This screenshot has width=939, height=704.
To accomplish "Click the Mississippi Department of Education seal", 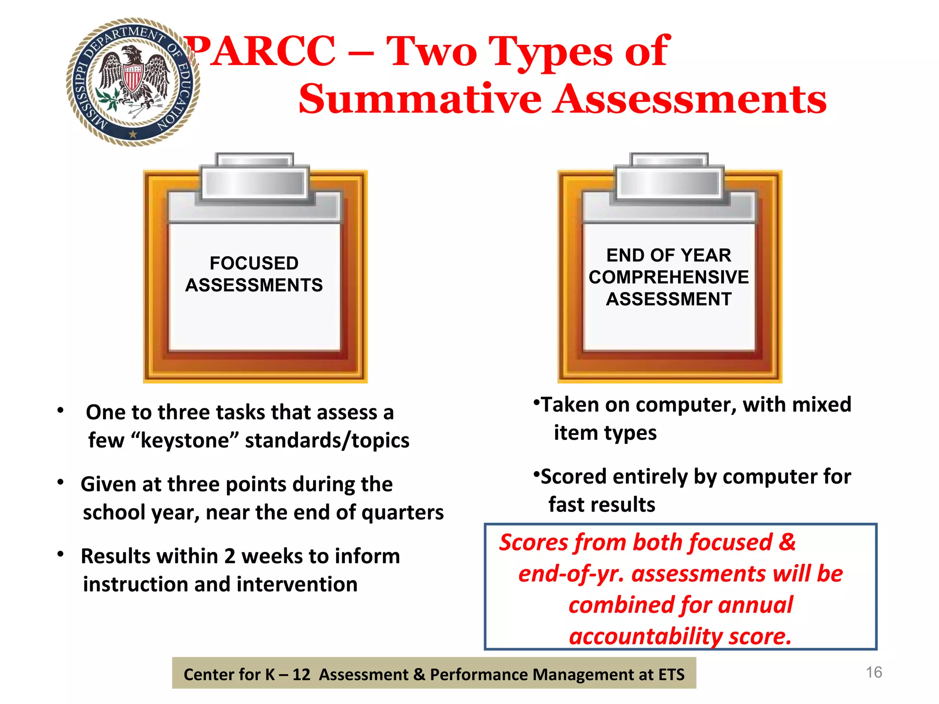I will click(x=133, y=82).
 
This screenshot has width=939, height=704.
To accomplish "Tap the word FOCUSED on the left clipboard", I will click(x=254, y=263).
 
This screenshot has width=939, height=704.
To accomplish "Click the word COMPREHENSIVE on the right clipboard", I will click(x=668, y=277).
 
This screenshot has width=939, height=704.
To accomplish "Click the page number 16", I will click(x=873, y=672).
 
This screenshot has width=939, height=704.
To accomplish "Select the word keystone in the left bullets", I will click(x=185, y=440).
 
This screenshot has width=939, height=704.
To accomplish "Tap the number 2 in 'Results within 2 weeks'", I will click(x=230, y=556).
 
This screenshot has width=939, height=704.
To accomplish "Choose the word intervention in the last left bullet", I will click(x=297, y=584).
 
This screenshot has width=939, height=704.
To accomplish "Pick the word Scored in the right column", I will click(x=573, y=477).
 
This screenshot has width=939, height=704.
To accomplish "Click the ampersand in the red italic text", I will click(x=787, y=542).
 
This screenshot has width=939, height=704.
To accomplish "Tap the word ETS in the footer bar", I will click(x=671, y=675).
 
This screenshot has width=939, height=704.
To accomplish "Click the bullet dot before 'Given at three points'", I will click(x=60, y=483).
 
